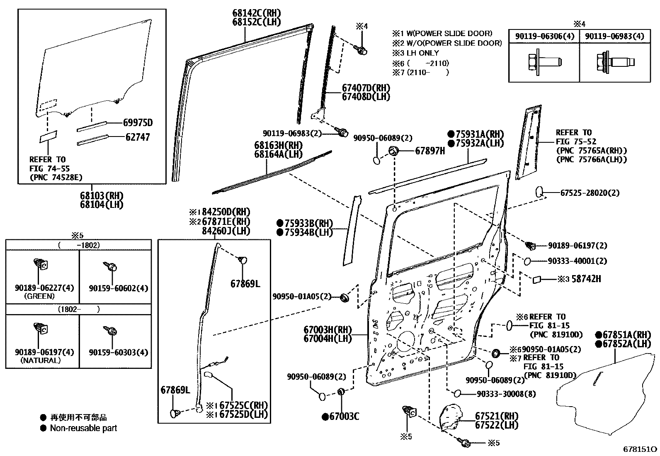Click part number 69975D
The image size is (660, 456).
click(x=138, y=122)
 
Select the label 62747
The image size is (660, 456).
click(x=138, y=137)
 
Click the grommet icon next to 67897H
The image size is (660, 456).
click(x=394, y=151)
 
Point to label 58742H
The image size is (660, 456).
click(x=586, y=279)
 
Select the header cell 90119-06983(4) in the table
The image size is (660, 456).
click(x=614, y=37)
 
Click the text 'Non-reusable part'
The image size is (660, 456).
click(x=83, y=428)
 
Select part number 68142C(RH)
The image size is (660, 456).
click(x=256, y=13)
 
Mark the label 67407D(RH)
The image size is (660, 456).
click(x=366, y=88)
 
